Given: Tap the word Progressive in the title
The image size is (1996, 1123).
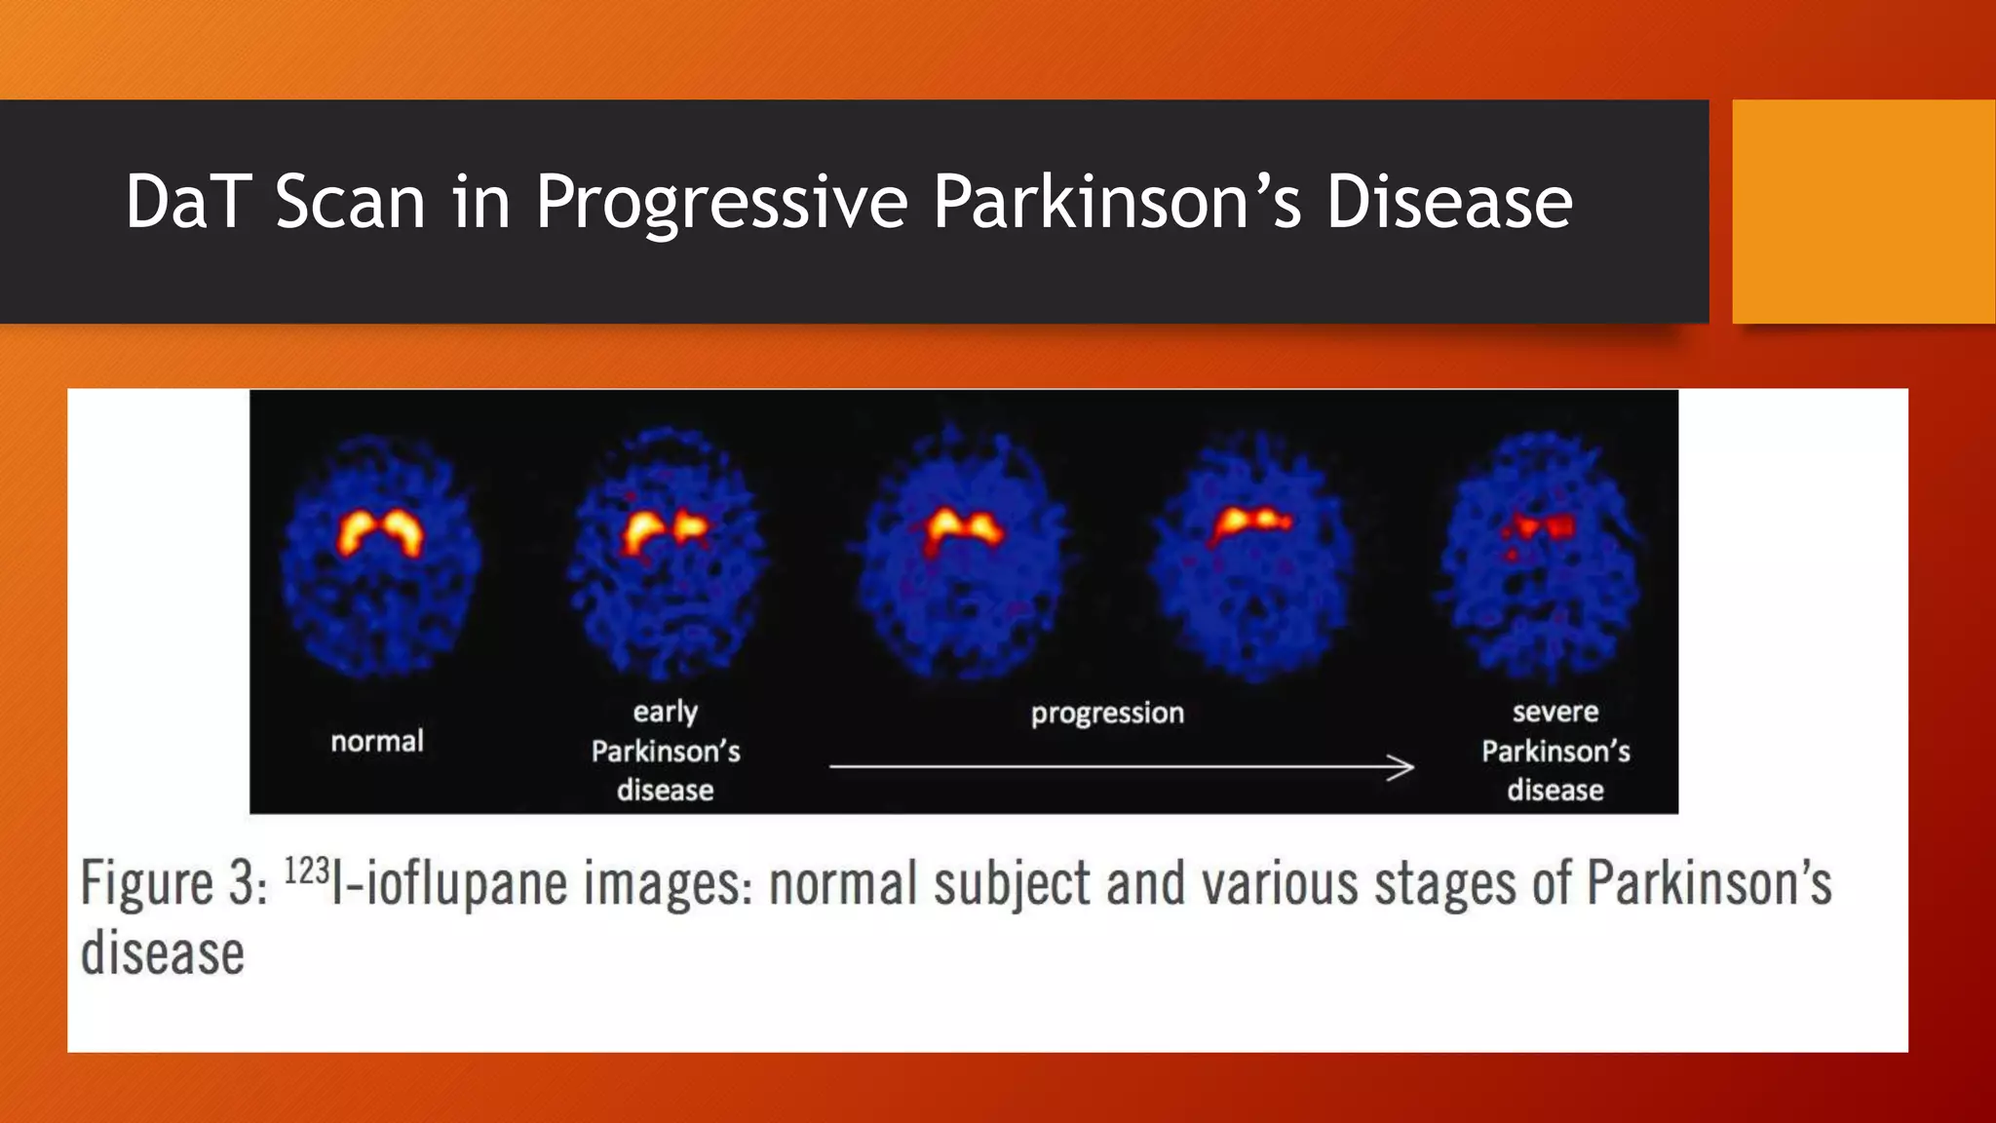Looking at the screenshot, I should pyautogui.click(x=721, y=202).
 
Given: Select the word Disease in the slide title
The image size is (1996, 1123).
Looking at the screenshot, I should pyautogui.click(x=1449, y=202).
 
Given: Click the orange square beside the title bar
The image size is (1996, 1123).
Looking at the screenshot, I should pyautogui.click(x=1862, y=211).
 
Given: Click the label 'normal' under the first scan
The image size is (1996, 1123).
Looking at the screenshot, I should pyautogui.click(x=377, y=742).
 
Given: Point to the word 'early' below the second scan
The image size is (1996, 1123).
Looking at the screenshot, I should pyautogui.click(x=665, y=712).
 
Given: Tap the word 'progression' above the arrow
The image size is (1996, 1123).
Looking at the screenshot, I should pyautogui.click(x=1107, y=713).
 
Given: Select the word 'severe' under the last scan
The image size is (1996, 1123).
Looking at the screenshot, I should pyautogui.click(x=1555, y=712).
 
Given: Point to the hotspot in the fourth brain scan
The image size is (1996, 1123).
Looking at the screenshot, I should pyautogui.click(x=1251, y=522).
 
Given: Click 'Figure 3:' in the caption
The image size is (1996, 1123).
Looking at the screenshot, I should pyautogui.click(x=173, y=883).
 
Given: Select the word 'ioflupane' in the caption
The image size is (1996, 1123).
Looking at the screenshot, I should pyautogui.click(x=468, y=883).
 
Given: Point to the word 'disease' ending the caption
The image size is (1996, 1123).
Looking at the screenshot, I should pyautogui.click(x=162, y=953).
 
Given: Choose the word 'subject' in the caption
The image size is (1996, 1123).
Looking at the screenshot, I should pyautogui.click(x=1011, y=883).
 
